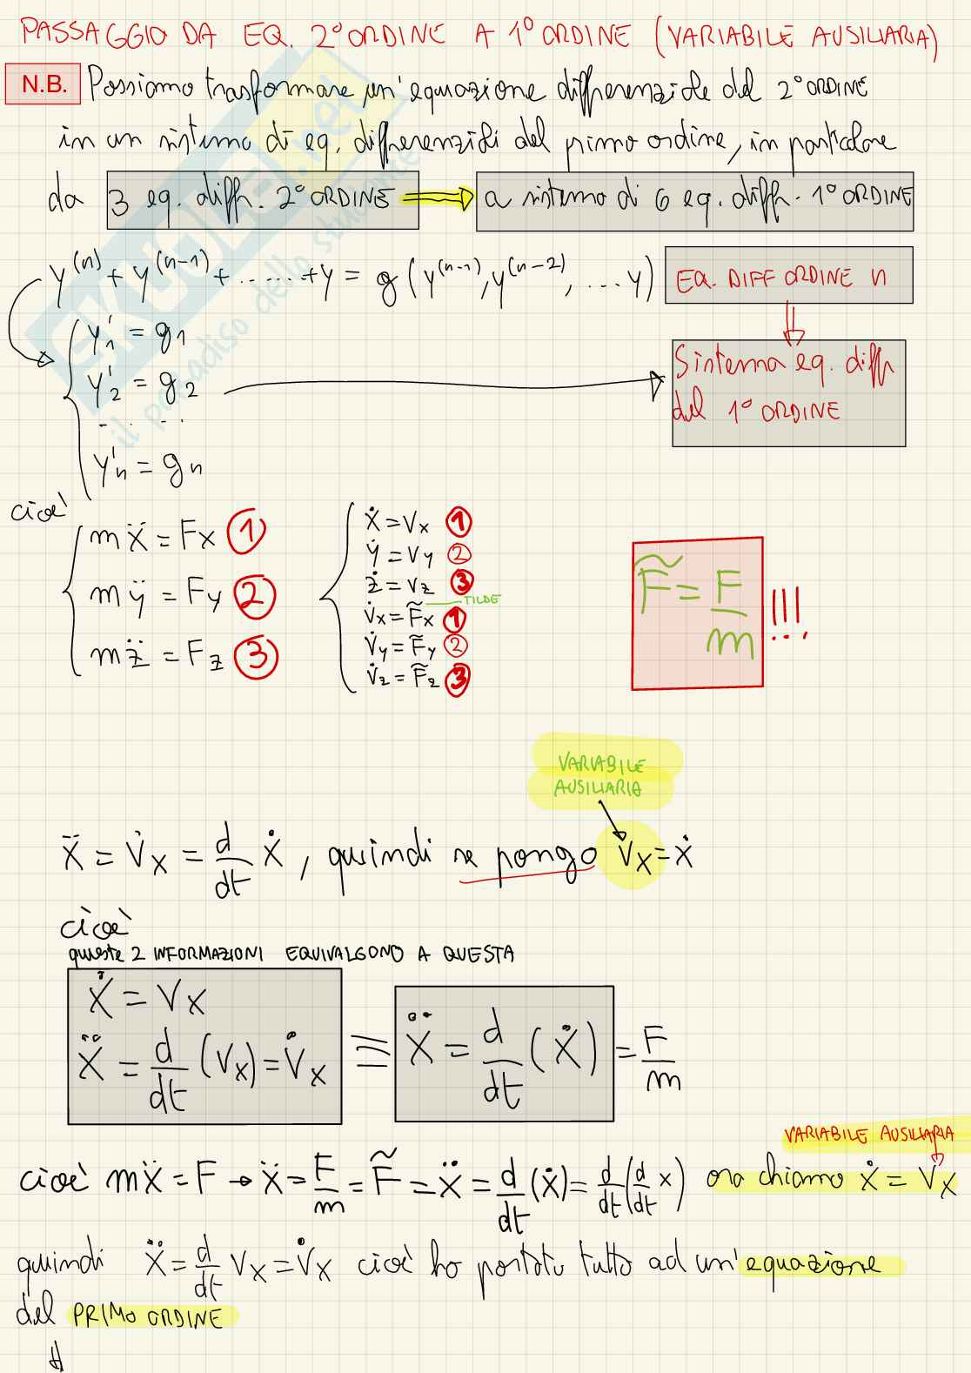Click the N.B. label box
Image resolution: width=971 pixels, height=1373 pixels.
pos(44,84)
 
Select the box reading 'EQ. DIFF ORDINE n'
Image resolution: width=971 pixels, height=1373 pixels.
pos(787,276)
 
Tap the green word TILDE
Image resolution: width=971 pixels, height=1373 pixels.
pos(481,599)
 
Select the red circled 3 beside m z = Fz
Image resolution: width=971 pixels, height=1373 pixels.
pos(258,657)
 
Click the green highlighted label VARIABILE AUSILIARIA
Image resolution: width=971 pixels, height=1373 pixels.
pos(602,775)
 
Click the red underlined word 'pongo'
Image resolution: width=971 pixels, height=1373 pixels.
pos(546,860)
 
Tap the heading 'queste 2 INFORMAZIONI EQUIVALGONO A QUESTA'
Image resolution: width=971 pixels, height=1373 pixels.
pos(291,954)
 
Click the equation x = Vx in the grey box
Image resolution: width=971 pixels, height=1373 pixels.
pos(148,1001)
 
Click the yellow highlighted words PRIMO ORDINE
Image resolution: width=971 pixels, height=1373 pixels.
pos(148,1317)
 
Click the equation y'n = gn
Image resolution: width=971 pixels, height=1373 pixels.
pos(146,471)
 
